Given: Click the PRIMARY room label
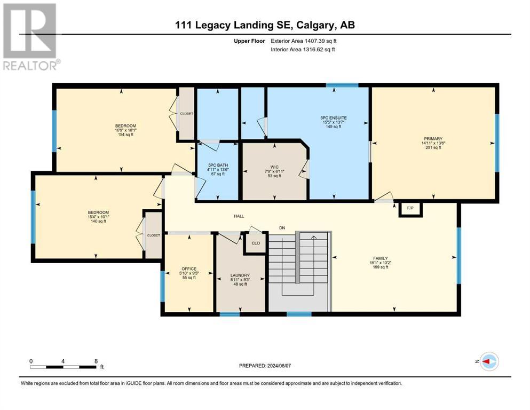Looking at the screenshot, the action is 433,139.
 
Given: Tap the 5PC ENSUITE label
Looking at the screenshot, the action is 333,118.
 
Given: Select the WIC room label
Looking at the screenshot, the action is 274,167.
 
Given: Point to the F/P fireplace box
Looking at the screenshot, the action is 410,208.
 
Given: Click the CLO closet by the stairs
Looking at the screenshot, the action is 256,243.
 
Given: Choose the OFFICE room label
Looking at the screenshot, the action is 188,269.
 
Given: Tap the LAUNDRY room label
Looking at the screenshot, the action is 240,275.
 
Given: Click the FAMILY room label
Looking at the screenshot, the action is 380,258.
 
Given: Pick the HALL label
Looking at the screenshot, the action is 239,216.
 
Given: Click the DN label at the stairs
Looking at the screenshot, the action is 282,228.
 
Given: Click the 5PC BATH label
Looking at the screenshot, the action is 218,165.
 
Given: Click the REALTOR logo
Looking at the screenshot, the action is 31,37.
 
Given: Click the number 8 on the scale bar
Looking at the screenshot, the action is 96,361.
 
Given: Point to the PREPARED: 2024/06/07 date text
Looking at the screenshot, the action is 265,366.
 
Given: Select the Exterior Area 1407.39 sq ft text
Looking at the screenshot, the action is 304,41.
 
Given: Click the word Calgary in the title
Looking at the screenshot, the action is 314,25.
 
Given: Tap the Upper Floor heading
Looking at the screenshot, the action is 249,41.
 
